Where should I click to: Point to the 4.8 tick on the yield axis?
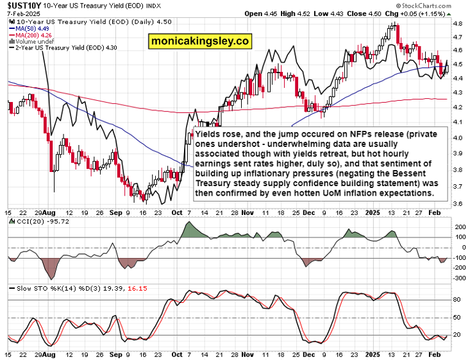click(458, 23)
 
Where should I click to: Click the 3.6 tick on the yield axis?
click(458, 203)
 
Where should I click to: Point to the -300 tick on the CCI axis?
click(460, 278)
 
